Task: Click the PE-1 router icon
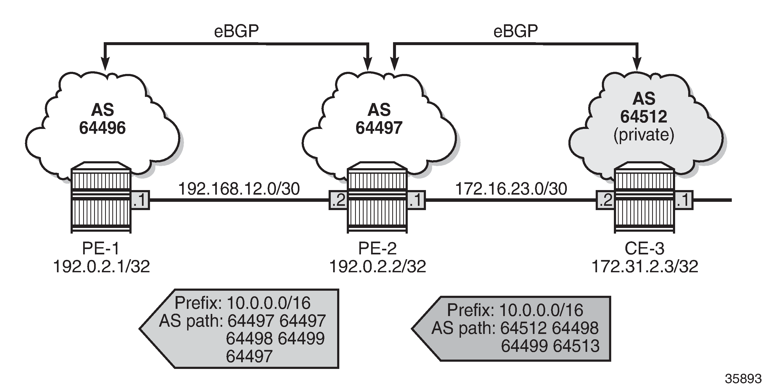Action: (101, 197)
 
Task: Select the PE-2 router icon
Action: (377, 197)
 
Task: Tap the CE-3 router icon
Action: (645, 197)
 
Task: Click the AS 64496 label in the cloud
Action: (102, 119)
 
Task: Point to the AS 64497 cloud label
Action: (379, 119)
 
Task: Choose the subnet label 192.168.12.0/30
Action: (239, 189)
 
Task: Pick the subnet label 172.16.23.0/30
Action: (511, 189)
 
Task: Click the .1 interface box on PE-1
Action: (140, 200)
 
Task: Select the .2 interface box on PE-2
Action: (338, 200)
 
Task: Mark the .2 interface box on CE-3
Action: (606, 200)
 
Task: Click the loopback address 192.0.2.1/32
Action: (101, 266)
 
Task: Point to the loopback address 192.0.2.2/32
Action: (378, 266)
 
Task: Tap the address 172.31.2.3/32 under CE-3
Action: (645, 266)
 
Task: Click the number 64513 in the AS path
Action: (576, 346)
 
